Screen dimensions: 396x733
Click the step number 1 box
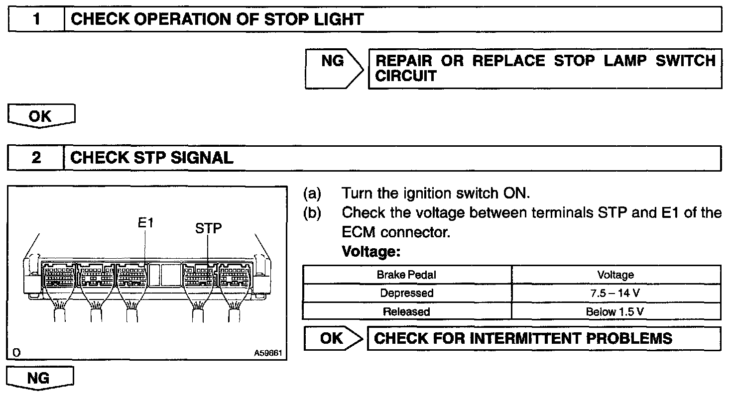click(x=36, y=20)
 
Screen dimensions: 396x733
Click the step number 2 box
click(x=36, y=158)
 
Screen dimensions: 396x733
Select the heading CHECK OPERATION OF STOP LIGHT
click(x=217, y=20)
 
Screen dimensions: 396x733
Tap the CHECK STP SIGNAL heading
click(x=152, y=158)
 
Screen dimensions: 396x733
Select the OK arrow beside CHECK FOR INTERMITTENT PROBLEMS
click(x=333, y=338)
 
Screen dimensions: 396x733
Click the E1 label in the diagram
click(x=146, y=223)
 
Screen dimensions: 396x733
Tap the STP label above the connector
click(x=208, y=228)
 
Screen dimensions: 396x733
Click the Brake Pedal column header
click(x=407, y=275)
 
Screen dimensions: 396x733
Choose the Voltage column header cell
click(x=615, y=275)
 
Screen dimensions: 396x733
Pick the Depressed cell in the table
click(x=407, y=293)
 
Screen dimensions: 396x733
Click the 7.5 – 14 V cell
click(x=615, y=293)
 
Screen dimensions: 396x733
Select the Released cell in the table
click(x=407, y=312)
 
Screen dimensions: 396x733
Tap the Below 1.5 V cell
click(x=615, y=312)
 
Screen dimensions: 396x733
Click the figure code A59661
click(x=268, y=353)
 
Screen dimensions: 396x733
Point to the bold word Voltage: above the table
click(x=371, y=252)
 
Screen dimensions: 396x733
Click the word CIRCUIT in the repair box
click(x=405, y=77)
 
